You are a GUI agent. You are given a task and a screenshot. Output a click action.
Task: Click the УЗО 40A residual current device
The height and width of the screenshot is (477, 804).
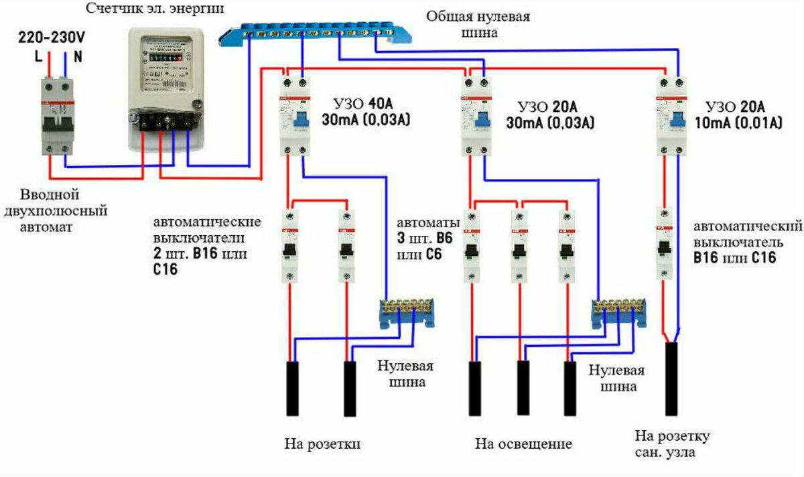click(x=295, y=114)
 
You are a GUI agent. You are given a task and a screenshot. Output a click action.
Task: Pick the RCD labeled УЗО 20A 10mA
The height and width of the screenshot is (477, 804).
click(x=671, y=114)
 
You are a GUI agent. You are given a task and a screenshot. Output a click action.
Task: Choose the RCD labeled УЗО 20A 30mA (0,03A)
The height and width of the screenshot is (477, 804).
click(x=476, y=114)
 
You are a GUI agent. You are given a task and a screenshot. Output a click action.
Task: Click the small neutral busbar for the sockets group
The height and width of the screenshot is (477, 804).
click(x=407, y=312)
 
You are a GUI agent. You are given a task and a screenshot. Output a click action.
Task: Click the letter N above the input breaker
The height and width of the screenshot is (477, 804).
click(x=78, y=57)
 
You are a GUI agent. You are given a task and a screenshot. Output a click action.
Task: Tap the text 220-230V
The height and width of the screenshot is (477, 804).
click(x=52, y=38)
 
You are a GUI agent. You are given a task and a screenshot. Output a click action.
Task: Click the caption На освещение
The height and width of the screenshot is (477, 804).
click(x=524, y=444)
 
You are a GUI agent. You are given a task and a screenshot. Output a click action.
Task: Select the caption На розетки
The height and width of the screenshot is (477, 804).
click(x=322, y=444)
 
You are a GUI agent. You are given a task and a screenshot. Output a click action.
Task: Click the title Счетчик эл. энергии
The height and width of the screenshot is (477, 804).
click(x=155, y=9)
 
